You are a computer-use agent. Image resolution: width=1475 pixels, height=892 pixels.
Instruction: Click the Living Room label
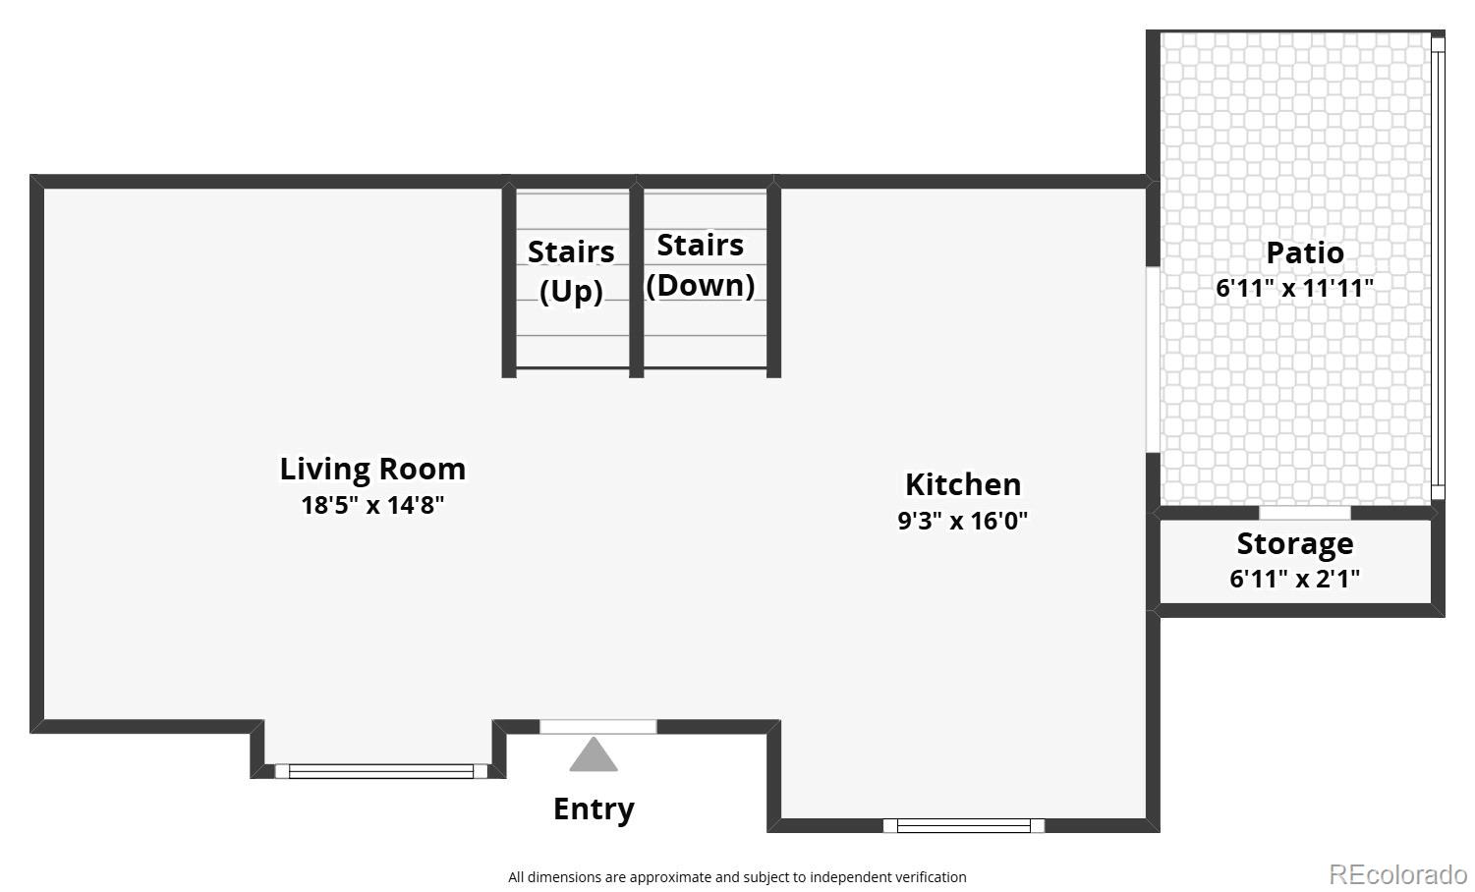[x=372, y=469]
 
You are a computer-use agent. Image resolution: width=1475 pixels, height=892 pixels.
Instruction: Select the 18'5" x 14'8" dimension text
[x=372, y=505]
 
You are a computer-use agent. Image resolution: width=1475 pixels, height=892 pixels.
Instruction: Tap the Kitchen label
[x=962, y=484]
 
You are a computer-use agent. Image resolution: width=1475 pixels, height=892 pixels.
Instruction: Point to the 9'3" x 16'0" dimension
[x=962, y=521]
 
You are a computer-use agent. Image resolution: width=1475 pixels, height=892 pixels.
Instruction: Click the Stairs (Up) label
[x=571, y=271]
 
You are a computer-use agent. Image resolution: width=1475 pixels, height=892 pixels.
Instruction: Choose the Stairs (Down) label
[x=701, y=264]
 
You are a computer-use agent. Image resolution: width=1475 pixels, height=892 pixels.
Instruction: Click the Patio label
[x=1304, y=252]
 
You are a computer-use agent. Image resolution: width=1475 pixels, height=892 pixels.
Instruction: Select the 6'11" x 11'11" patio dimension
[x=1294, y=288]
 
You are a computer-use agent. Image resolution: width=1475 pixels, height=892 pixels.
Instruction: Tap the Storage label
[x=1294, y=543]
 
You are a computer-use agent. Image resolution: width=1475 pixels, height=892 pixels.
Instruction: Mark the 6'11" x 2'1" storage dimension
[x=1294, y=579]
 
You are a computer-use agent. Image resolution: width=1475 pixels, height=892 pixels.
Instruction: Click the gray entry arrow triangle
[x=594, y=755]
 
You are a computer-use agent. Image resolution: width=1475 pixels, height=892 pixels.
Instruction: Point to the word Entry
[x=594, y=808]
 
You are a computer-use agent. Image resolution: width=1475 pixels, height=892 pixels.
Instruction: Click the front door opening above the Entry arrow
[x=597, y=727]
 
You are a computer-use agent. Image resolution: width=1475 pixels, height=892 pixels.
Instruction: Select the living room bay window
[x=380, y=771]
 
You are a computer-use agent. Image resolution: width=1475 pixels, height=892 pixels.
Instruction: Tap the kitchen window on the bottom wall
[x=963, y=825]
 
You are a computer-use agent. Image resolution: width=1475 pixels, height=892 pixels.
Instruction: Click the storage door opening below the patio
[x=1304, y=513]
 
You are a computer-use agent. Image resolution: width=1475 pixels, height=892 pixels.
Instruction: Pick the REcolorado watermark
[x=1397, y=873]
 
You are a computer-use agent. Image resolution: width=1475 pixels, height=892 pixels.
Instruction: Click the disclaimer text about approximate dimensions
[x=737, y=877]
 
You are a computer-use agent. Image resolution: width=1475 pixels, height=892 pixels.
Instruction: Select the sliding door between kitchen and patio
[x=1152, y=360]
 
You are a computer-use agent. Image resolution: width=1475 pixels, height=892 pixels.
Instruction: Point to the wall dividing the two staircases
[x=636, y=280]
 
